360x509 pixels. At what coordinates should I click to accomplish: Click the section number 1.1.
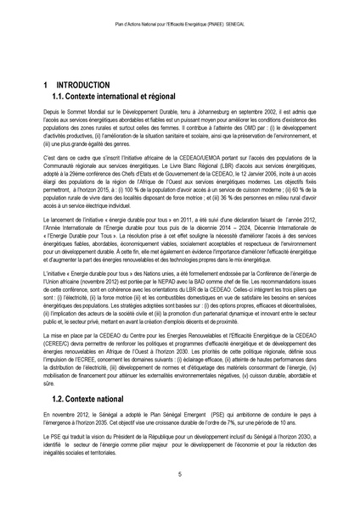(x=61, y=99)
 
